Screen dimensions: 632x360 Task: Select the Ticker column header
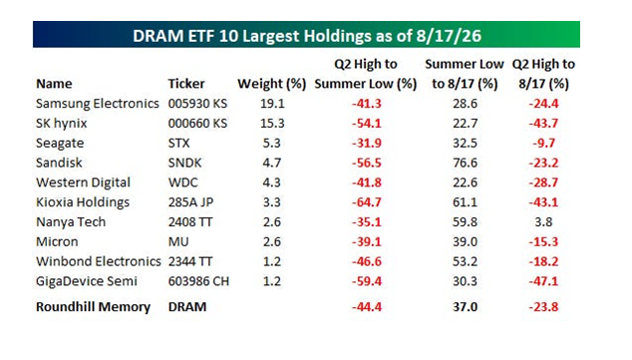click(x=186, y=84)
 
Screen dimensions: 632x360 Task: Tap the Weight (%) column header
click(x=272, y=84)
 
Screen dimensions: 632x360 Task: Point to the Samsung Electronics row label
click(x=97, y=104)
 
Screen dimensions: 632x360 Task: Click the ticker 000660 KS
click(x=197, y=123)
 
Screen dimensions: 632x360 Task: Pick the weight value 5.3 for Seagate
click(x=272, y=143)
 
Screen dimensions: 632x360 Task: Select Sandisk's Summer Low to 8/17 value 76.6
click(x=465, y=163)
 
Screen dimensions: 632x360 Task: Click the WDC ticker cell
click(x=183, y=182)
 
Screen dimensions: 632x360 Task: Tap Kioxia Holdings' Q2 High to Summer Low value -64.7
click(x=367, y=202)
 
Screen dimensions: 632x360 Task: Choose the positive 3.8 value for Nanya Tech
click(x=543, y=221)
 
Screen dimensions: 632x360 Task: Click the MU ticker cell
click(x=178, y=241)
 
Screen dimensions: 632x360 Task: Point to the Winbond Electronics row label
click(x=99, y=261)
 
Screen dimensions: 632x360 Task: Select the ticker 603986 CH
click(x=198, y=281)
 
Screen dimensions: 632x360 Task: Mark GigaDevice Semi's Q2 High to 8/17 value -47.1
click(x=543, y=281)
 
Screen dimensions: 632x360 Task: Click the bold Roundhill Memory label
click(x=93, y=307)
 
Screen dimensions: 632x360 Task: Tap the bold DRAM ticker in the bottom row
click(x=187, y=307)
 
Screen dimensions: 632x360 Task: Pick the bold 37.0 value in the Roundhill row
click(x=465, y=307)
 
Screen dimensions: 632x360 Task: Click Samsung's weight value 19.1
click(x=272, y=103)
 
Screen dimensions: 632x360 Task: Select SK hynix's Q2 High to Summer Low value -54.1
click(x=367, y=123)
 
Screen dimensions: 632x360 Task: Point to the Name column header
click(x=54, y=84)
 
